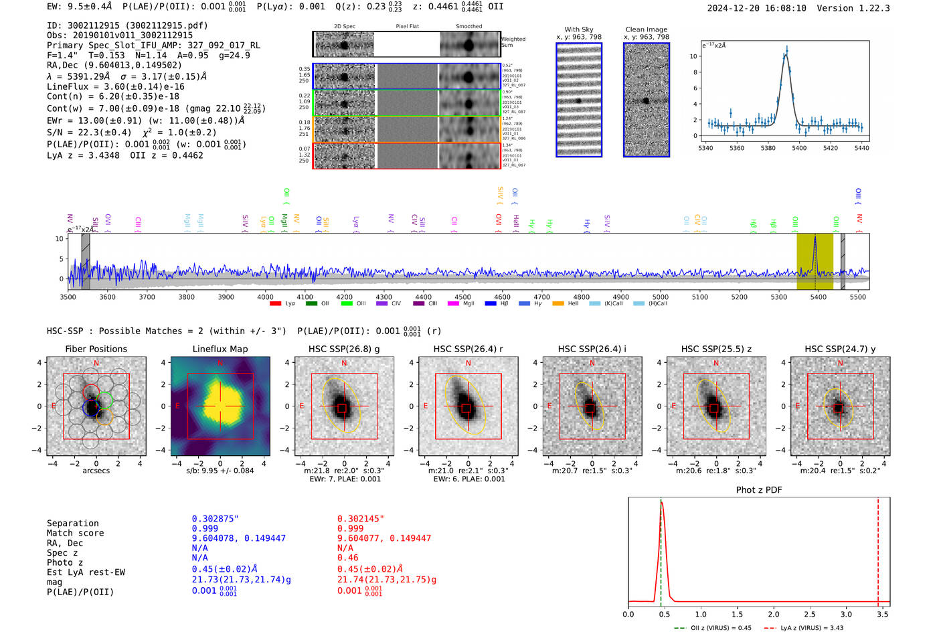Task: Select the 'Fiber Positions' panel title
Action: (x=96, y=349)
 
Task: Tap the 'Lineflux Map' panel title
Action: (x=220, y=349)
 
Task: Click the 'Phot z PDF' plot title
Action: (x=759, y=490)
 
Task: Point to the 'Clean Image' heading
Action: (x=646, y=29)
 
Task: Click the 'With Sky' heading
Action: (x=578, y=29)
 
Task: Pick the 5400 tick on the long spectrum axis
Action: (x=819, y=297)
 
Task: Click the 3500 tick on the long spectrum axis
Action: (x=68, y=297)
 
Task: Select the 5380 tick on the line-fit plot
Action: (x=768, y=148)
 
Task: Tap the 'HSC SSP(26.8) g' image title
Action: (x=344, y=349)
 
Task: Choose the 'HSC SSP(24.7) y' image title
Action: (x=840, y=349)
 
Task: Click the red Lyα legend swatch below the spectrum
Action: (x=275, y=304)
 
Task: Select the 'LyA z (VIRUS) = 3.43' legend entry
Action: (x=811, y=628)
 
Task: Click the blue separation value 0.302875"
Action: (x=216, y=519)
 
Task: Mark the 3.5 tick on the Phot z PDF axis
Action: (x=883, y=614)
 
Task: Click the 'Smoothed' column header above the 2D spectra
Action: (x=468, y=26)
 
